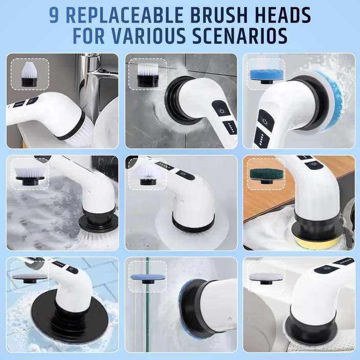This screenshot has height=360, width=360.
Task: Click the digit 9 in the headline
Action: pos(55,15)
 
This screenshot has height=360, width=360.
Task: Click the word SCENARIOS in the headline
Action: pos(245,36)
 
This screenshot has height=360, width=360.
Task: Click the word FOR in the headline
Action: pos(94,36)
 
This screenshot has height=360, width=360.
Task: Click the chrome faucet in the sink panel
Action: pos(87,82)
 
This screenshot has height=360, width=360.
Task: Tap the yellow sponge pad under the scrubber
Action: pos(318,242)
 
